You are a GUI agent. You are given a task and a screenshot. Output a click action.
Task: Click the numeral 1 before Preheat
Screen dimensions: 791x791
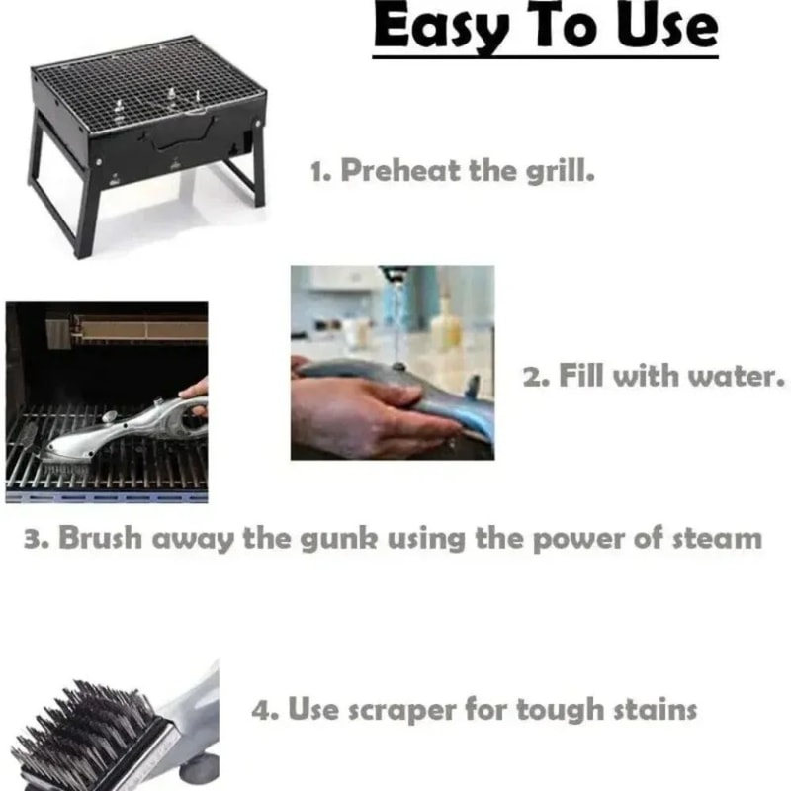318,171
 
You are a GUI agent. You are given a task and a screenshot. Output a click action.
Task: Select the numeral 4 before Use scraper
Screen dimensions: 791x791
260,710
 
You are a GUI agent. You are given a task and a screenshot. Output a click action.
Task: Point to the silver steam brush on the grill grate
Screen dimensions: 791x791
119,425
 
